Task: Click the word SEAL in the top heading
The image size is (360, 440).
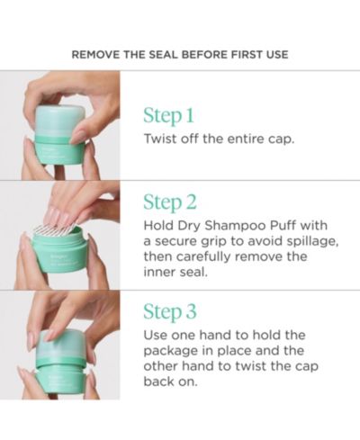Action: pos(164,55)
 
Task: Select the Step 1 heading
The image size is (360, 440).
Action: pos(168,116)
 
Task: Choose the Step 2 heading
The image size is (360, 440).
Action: pos(170,202)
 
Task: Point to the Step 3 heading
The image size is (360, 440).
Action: pos(170,311)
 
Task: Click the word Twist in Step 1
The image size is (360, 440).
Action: pos(159,139)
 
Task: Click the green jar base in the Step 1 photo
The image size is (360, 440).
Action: pos(59,149)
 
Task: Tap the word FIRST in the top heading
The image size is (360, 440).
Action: pos(247,55)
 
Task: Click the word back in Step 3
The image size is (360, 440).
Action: pos(157,382)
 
